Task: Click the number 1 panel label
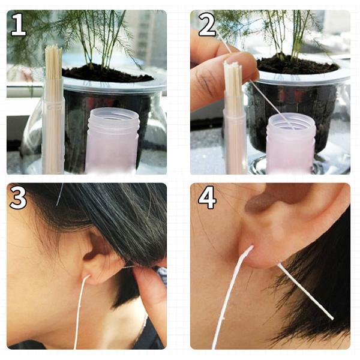click(19, 25)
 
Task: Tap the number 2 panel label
click(207, 25)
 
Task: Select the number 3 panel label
click(18, 197)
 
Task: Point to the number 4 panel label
click(207, 197)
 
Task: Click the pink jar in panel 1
click(113, 140)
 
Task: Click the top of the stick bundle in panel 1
click(53, 49)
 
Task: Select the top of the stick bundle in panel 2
click(233, 65)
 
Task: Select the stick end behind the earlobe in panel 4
click(305, 291)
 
